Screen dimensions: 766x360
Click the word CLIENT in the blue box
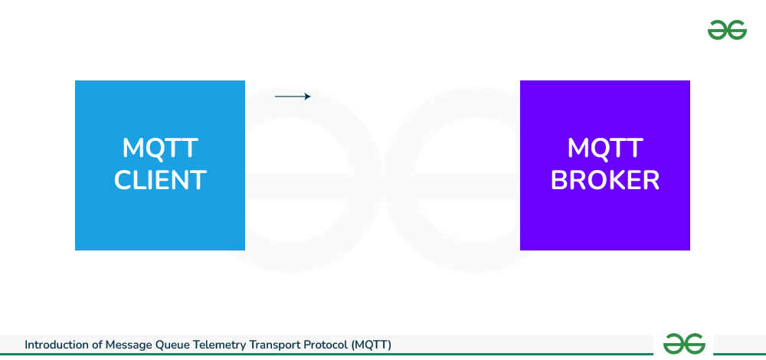click(160, 180)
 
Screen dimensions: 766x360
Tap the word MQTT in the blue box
click(160, 148)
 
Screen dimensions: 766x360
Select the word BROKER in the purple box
click(605, 180)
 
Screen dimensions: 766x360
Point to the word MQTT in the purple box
click(605, 148)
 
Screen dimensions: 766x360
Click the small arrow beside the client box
click(293, 97)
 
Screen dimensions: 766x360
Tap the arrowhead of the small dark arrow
click(309, 97)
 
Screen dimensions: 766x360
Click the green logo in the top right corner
click(727, 31)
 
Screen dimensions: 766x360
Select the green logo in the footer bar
click(684, 344)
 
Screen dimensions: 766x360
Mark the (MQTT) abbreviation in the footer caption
click(371, 345)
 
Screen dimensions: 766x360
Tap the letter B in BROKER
click(558, 180)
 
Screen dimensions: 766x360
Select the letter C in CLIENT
click(123, 180)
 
